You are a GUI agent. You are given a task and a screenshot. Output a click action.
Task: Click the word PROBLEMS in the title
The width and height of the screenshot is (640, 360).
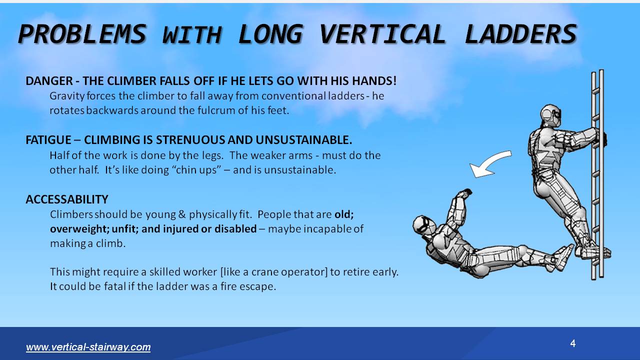click(82, 34)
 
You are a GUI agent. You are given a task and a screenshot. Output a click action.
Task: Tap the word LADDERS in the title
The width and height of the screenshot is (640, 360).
click(520, 34)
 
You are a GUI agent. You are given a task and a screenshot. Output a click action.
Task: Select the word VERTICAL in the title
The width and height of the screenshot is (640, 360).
click(382, 34)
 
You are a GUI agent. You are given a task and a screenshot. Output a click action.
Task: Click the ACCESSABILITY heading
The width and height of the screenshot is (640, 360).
click(66, 199)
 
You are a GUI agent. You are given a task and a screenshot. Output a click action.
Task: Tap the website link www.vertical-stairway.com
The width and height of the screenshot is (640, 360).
click(88, 347)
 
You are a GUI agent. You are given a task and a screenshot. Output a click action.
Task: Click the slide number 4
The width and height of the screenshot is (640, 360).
click(573, 343)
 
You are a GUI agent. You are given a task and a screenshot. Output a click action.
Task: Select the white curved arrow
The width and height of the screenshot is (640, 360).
click(490, 164)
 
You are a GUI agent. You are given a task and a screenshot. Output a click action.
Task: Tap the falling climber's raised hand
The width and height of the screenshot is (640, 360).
click(465, 193)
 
